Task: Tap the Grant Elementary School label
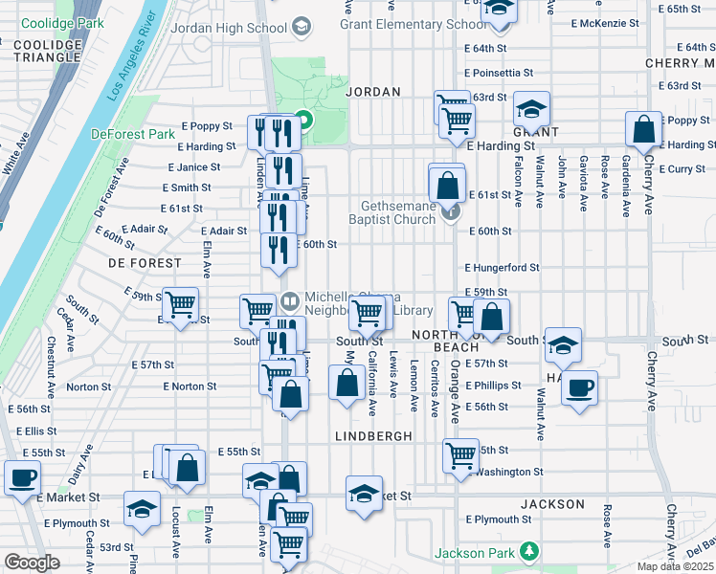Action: tap(414, 24)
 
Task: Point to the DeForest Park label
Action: tap(133, 135)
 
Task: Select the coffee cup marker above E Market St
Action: tap(22, 475)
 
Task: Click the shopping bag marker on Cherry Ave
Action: tap(645, 128)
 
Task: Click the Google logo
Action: tap(32, 563)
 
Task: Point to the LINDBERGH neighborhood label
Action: tap(373, 435)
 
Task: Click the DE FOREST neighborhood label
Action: tap(145, 262)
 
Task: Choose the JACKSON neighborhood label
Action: tap(552, 504)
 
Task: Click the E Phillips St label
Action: tap(493, 386)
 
